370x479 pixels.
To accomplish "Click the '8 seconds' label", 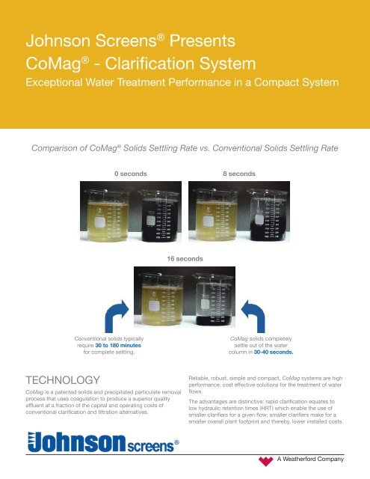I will pos(239,173).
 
